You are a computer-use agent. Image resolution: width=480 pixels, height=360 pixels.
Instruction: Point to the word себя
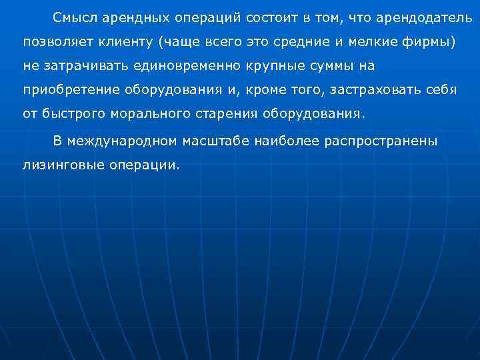click(442, 89)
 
